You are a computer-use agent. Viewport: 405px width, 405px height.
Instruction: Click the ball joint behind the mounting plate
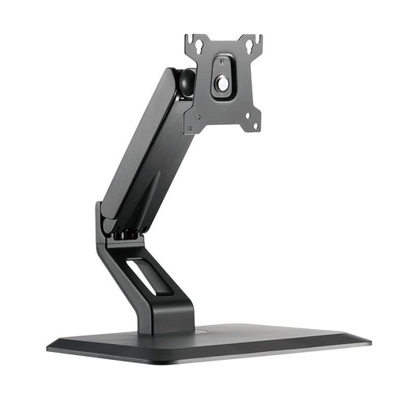coord(184,82)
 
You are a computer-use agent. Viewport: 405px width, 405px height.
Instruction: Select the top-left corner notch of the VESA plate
coord(190,38)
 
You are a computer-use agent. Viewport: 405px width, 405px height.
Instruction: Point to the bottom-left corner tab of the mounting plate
coord(189,123)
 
